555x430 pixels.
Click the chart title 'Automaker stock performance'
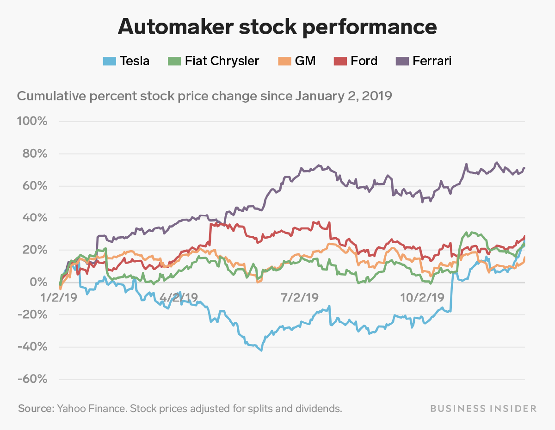coord(277,27)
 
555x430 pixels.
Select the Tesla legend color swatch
coord(109,61)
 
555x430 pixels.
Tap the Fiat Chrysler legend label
coord(222,61)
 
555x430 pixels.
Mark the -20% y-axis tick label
coord(32,315)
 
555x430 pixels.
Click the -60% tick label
coord(32,379)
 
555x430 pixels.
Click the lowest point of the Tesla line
coord(261,350)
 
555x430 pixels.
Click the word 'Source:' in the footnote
coord(36,409)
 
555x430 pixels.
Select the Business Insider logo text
coord(483,409)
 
